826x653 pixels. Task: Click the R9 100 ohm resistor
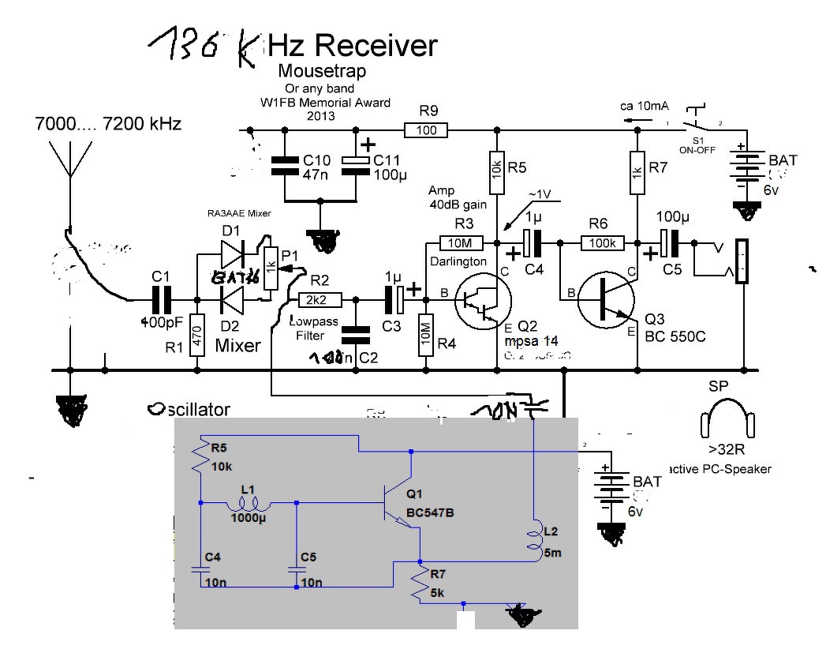coord(426,129)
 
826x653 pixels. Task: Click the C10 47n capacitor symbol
coord(282,165)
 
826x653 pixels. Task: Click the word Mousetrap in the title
coord(323,71)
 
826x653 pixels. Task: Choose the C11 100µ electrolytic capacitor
coord(357,161)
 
